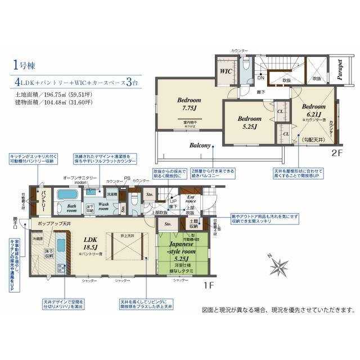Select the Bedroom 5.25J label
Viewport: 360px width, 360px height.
pos(249,122)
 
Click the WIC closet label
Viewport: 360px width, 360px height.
pos(227,71)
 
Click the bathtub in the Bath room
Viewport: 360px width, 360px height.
pos(67,195)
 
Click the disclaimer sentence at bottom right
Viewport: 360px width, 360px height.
pos(278,310)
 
